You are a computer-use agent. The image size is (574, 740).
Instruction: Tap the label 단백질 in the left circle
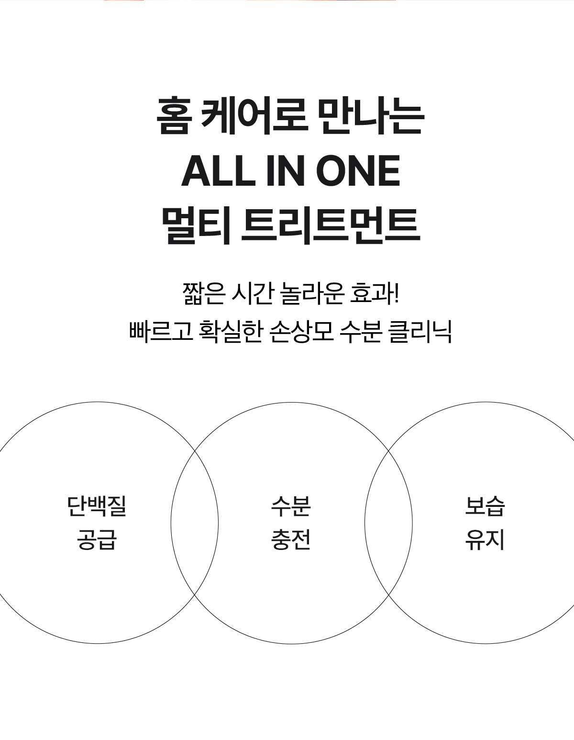(x=97, y=506)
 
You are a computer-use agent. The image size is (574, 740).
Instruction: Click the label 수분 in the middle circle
(x=291, y=506)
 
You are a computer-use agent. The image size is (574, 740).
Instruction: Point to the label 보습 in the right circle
(x=485, y=506)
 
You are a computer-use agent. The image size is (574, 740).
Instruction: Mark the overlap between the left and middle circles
(x=195, y=523)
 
